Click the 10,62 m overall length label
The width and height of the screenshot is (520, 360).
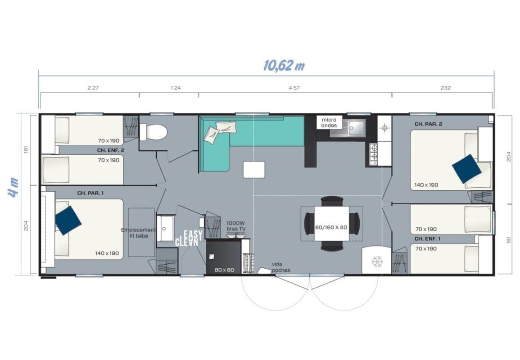284,66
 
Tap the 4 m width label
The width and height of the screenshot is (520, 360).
14,187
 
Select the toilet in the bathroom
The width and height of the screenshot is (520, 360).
153,132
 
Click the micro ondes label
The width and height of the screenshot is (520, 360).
329,123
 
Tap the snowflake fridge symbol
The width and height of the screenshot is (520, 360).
377,262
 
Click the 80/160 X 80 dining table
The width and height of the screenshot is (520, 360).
331,223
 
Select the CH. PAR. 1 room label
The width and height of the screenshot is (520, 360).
90,193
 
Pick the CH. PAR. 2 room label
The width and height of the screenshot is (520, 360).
428,124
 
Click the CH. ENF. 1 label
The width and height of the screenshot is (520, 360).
427,238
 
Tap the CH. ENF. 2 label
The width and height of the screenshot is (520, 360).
110,150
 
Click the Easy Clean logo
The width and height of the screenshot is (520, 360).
189,238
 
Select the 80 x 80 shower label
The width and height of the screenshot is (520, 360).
224,270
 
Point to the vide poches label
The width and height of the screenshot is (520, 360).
281,267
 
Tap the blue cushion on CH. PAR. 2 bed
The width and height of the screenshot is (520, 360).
466,169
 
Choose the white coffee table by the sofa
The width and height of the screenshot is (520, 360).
254,170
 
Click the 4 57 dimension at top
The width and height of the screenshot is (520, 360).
294,88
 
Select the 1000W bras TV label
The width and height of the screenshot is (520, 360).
236,226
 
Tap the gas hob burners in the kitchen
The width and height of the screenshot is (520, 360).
374,154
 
